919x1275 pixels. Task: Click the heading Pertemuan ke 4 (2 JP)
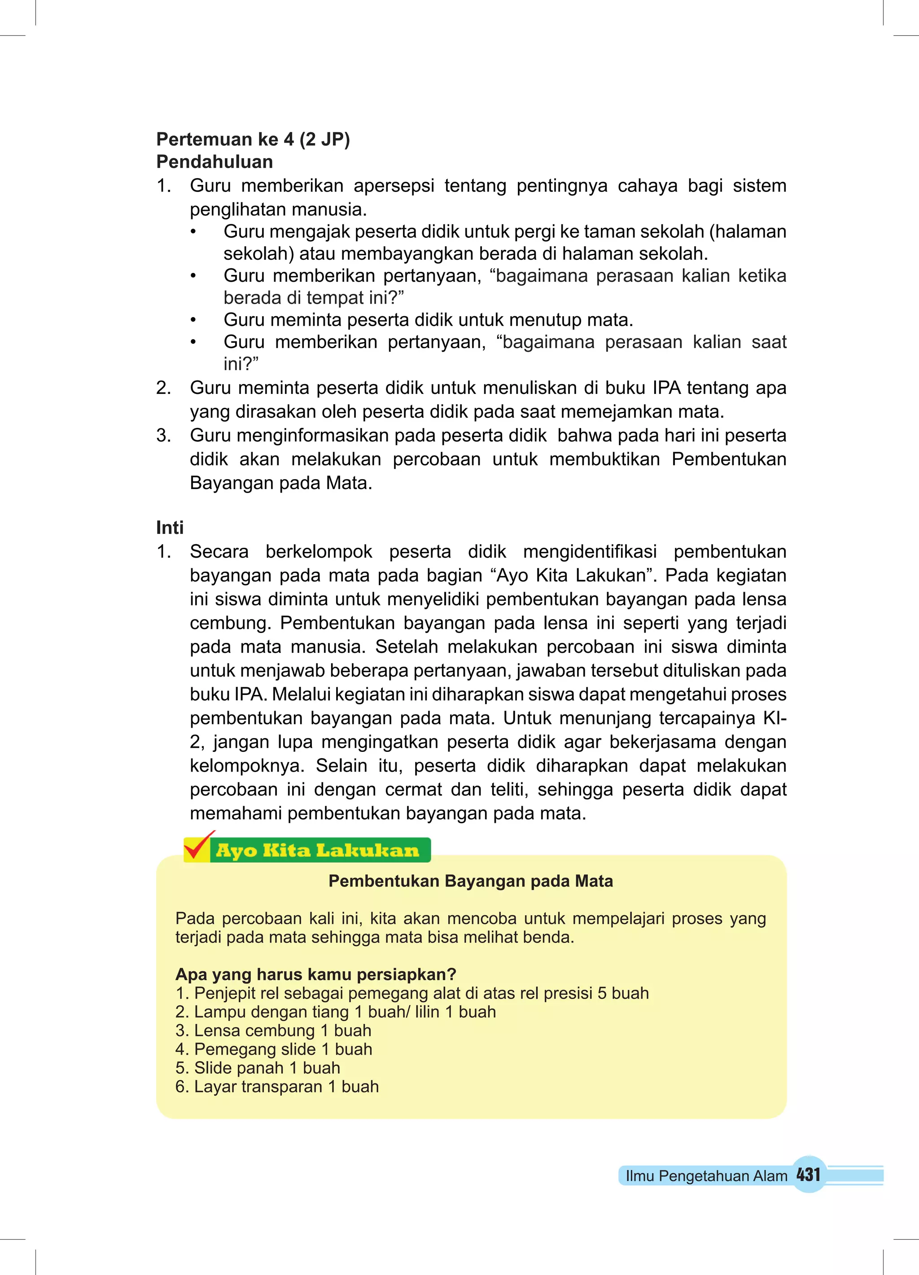(253, 139)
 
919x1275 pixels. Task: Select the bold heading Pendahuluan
(214, 162)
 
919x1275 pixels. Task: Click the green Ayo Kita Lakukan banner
(318, 850)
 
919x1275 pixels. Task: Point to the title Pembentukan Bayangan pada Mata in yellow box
(470, 881)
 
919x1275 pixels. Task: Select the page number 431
(808, 1175)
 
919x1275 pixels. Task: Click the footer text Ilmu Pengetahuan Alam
(706, 1175)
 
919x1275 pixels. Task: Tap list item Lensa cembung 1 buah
(273, 1030)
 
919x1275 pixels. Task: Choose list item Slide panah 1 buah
(258, 1068)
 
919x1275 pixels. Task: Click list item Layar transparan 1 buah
(277, 1087)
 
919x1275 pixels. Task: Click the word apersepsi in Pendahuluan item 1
(394, 186)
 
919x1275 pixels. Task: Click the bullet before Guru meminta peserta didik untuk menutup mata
(193, 320)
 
